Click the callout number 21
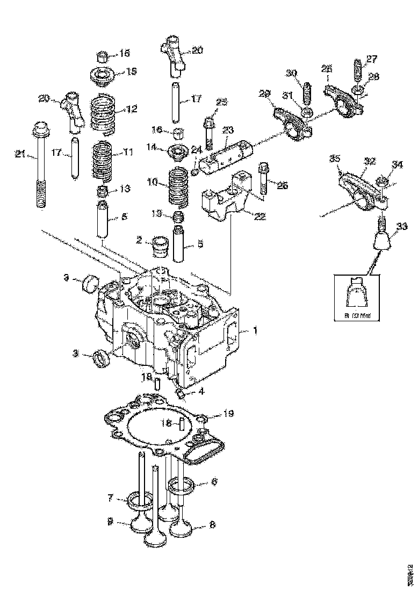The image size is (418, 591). point(20,155)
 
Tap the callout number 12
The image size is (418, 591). point(132,109)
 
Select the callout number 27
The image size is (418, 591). point(372,59)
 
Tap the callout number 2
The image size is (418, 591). point(139,240)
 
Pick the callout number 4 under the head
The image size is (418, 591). point(200,392)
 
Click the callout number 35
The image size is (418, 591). point(335,159)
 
